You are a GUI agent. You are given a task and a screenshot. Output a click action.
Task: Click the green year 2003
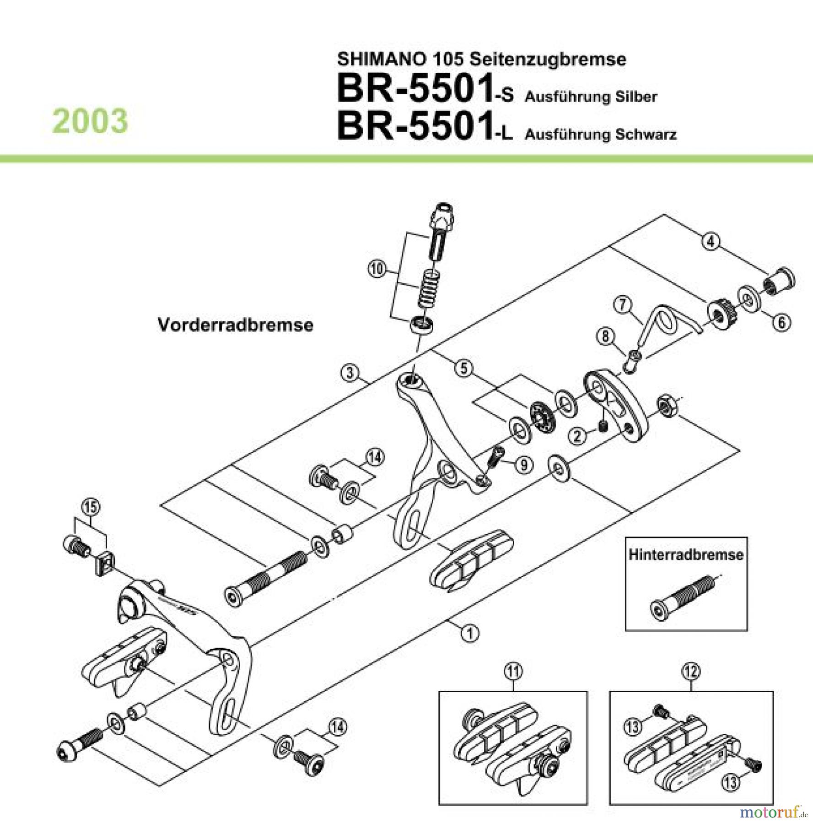click(90, 121)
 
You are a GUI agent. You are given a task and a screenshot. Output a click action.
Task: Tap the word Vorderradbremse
click(235, 325)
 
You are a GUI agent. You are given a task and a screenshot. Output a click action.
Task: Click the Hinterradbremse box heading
click(685, 555)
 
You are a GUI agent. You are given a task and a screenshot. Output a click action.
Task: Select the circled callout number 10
click(377, 269)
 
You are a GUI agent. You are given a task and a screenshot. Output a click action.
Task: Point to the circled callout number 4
click(711, 241)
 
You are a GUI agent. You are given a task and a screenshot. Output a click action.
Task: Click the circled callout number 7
click(623, 305)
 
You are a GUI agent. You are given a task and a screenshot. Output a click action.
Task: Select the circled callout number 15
click(90, 507)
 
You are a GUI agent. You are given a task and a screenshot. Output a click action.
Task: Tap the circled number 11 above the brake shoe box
click(513, 672)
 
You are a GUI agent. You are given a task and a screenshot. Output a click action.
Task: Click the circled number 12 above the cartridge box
click(691, 672)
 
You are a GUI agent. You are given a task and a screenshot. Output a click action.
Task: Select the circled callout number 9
click(524, 465)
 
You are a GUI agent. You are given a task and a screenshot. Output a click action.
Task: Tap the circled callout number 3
click(350, 373)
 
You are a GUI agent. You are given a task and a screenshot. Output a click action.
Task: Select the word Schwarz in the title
click(646, 135)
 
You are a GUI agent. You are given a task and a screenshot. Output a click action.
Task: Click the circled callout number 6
click(781, 323)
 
